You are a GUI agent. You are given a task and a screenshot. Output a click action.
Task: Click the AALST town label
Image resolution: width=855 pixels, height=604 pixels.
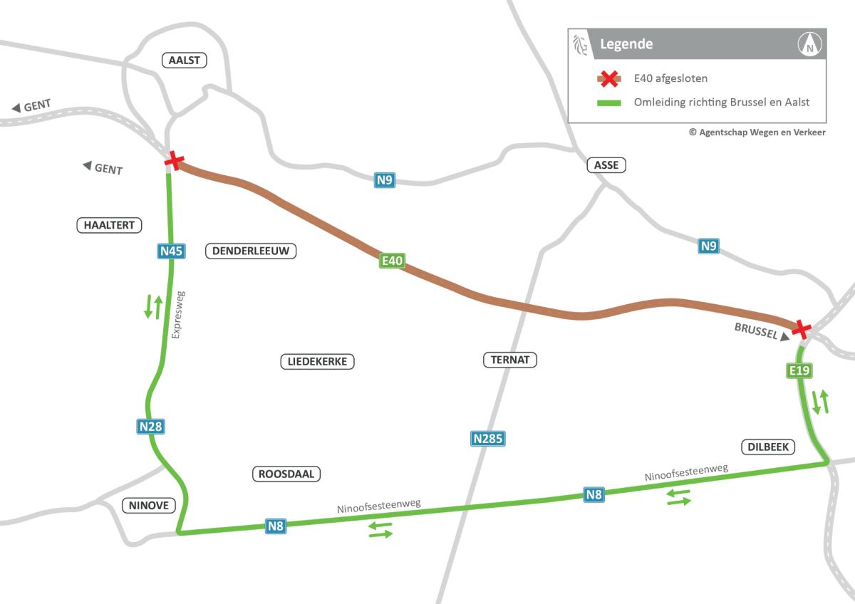pyautogui.click(x=184, y=60)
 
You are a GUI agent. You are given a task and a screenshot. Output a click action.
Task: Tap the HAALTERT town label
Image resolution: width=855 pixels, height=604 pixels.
pyautogui.click(x=109, y=225)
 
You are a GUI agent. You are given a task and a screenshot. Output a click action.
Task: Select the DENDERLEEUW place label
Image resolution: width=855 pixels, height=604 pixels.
pyautogui.click(x=250, y=251)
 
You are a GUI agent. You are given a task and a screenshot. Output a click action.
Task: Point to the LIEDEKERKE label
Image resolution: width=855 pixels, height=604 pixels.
pyautogui.click(x=317, y=361)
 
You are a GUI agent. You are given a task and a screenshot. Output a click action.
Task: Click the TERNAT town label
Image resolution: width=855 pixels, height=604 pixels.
pyautogui.click(x=509, y=360)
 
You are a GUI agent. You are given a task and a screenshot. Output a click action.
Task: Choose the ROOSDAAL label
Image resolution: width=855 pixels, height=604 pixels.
pyautogui.click(x=287, y=474)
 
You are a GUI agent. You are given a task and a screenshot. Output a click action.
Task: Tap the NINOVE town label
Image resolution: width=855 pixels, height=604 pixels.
pyautogui.click(x=149, y=506)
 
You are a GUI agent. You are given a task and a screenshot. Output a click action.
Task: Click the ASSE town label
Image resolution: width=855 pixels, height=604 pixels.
pyautogui.click(x=606, y=165)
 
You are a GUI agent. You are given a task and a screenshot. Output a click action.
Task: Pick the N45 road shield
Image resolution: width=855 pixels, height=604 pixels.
pyautogui.click(x=171, y=251)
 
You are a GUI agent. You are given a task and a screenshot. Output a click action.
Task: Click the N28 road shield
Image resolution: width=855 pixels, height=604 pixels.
pyautogui.click(x=150, y=427)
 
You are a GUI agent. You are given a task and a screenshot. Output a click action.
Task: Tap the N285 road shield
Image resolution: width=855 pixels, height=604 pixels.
pyautogui.click(x=488, y=439)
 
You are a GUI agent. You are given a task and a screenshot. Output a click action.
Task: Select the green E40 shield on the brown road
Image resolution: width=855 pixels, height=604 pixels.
pyautogui.click(x=393, y=261)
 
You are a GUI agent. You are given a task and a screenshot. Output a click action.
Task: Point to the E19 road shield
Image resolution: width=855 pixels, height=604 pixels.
pyautogui.click(x=799, y=370)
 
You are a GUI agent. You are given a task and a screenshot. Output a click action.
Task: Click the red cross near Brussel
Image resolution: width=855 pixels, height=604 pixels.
pyautogui.click(x=802, y=328)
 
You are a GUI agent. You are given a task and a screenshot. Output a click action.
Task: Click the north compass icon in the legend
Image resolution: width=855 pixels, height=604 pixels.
pyautogui.click(x=810, y=45)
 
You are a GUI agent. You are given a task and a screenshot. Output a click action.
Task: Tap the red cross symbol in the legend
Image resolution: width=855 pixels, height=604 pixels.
pyautogui.click(x=608, y=79)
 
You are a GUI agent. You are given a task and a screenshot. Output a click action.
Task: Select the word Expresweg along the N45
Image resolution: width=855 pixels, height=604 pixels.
pyautogui.click(x=179, y=314)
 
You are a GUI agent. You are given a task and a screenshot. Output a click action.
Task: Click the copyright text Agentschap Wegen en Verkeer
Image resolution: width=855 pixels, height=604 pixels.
pyautogui.click(x=757, y=132)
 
